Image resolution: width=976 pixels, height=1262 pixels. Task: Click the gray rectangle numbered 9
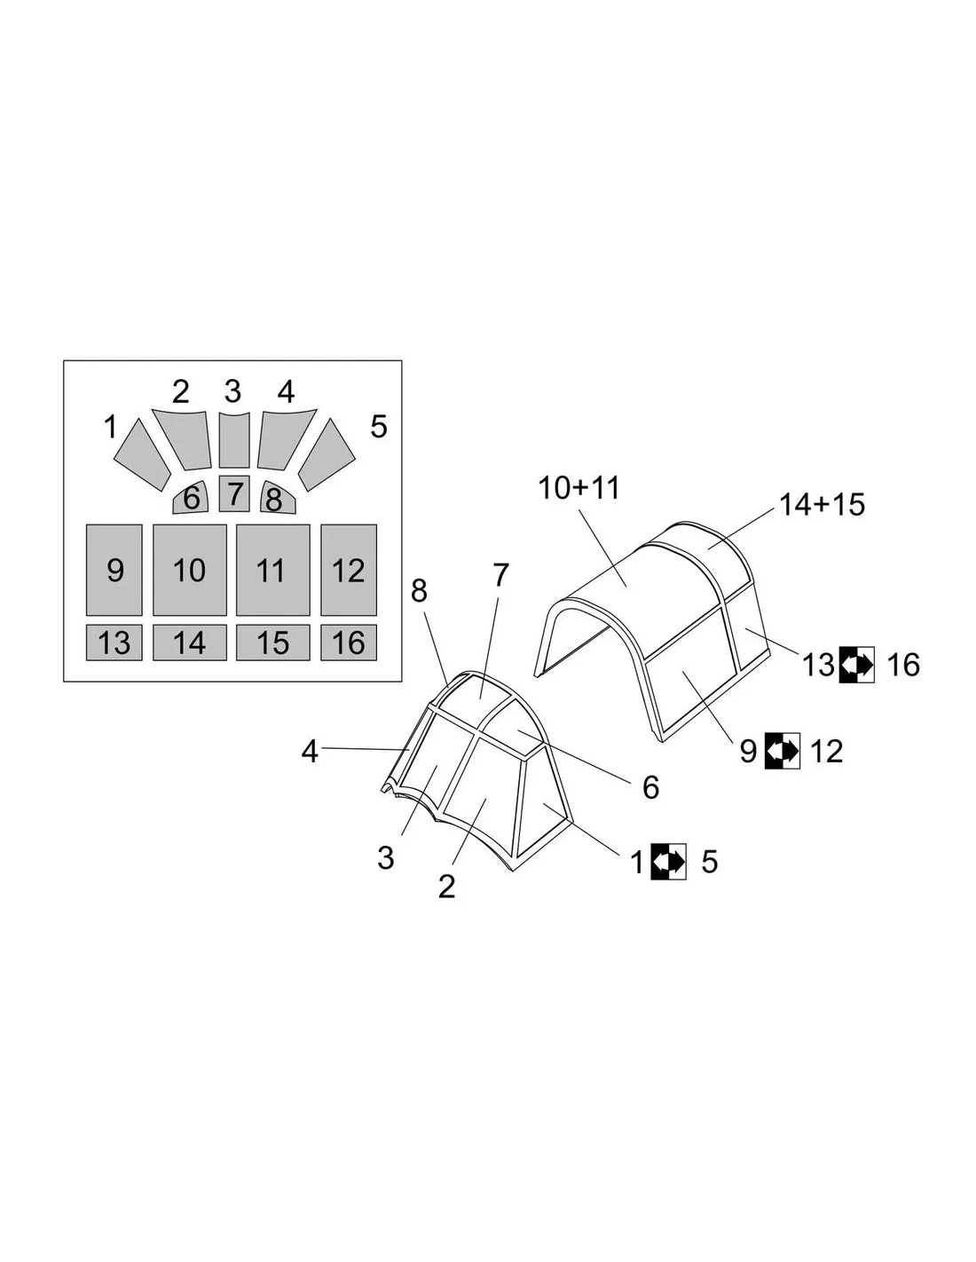click(114, 570)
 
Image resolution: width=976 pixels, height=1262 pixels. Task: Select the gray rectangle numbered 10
click(189, 570)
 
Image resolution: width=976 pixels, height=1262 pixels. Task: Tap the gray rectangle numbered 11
click(272, 570)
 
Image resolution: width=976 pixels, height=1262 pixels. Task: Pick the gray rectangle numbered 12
click(349, 570)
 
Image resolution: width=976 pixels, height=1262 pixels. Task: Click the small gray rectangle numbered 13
click(114, 643)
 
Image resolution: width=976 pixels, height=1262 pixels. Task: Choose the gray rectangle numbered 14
click(189, 643)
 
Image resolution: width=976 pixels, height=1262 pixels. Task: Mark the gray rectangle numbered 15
click(272, 643)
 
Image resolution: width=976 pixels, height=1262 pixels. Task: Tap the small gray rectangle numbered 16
click(349, 643)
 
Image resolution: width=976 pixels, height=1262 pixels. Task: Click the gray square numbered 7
click(234, 493)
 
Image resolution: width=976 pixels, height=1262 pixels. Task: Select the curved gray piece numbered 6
click(192, 498)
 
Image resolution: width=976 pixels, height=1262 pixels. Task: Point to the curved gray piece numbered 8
click(276, 498)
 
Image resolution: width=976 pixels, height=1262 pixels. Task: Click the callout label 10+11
click(579, 488)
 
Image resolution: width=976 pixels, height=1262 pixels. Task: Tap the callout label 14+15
click(822, 505)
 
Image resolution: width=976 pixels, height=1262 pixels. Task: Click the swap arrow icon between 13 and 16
click(857, 664)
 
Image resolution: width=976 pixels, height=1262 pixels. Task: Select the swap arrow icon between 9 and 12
click(783, 750)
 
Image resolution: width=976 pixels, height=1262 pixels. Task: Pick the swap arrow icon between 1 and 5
click(668, 861)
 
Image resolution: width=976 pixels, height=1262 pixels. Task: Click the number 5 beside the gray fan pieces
click(379, 427)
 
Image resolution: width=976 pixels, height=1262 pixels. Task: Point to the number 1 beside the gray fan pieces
click(110, 428)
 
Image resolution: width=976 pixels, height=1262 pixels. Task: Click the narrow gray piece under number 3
click(234, 439)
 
